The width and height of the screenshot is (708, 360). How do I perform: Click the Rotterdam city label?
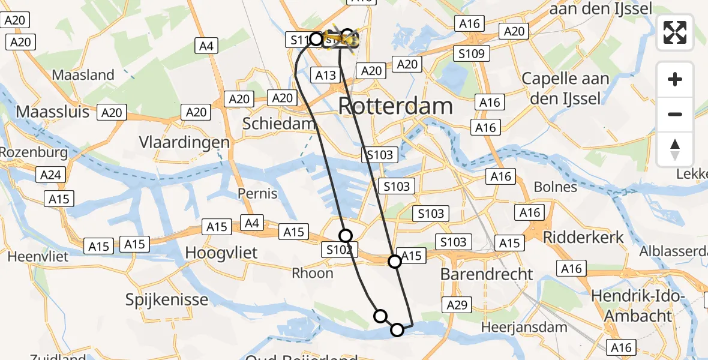(x=395, y=106)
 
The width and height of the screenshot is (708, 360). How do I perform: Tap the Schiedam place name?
(x=279, y=124)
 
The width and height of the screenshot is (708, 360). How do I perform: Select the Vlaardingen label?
(x=184, y=142)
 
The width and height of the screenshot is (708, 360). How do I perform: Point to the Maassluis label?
(x=52, y=112)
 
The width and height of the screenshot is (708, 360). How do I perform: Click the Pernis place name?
(x=257, y=193)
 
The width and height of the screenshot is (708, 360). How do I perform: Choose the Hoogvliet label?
(x=221, y=253)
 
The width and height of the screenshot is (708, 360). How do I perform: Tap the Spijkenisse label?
(x=167, y=299)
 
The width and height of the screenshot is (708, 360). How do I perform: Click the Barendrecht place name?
(x=487, y=274)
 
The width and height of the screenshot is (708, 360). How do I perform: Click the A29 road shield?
(x=457, y=305)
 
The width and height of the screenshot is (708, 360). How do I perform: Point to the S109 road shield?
(x=471, y=53)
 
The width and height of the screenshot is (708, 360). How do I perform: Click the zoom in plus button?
(x=675, y=79)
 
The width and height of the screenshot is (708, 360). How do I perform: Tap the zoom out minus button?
(x=675, y=114)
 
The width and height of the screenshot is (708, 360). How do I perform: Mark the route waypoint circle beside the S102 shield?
(x=345, y=236)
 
